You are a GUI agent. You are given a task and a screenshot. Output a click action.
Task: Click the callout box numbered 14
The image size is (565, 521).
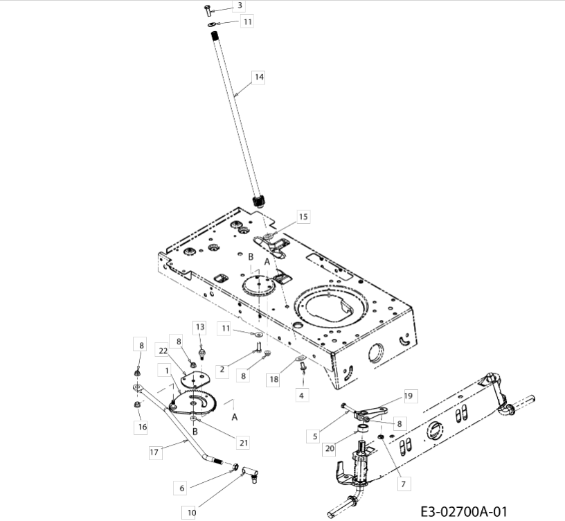click(259, 77)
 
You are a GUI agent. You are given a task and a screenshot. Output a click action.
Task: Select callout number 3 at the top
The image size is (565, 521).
click(240, 6)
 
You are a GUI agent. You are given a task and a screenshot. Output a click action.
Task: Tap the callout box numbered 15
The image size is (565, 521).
click(303, 217)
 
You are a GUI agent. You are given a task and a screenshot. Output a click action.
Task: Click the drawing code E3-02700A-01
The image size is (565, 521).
click(464, 511)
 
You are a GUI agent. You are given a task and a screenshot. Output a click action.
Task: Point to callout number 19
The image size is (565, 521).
click(409, 396)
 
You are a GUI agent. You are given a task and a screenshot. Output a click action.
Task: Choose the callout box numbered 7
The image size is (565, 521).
click(404, 484)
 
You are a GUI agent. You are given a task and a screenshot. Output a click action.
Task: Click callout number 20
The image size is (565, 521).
click(330, 449)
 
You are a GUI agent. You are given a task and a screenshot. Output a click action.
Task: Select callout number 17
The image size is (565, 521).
click(154, 452)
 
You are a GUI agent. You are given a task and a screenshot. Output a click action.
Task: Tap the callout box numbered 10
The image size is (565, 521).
click(191, 513)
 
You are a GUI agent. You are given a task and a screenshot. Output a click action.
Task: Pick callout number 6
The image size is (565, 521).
click(181, 488)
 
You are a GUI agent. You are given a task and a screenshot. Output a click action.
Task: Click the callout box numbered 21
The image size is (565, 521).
click(244, 443)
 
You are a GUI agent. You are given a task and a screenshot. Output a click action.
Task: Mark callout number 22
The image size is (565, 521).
click(163, 351)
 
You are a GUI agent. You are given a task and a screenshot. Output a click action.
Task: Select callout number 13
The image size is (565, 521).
click(200, 327)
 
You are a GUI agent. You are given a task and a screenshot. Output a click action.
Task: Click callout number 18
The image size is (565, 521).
click(274, 379)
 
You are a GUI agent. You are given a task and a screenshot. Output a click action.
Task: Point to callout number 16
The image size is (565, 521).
click(142, 427)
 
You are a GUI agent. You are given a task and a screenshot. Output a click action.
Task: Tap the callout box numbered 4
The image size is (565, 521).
click(301, 395)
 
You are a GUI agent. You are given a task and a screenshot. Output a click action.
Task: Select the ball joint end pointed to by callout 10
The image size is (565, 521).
click(251, 473)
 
